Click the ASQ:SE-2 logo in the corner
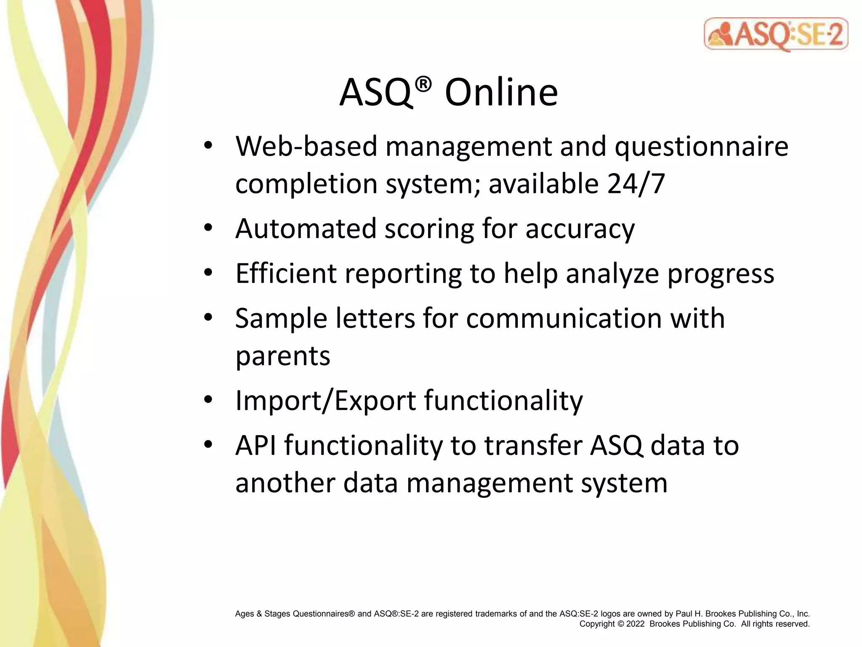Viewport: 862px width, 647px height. (775, 35)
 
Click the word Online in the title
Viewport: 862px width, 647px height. (501, 93)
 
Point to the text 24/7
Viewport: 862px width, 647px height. (636, 184)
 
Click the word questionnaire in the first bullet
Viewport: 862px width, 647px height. (701, 147)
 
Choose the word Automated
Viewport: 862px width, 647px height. (306, 229)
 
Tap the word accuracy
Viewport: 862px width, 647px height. (580, 229)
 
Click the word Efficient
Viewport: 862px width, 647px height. (286, 273)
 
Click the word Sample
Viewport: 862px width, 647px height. (281, 318)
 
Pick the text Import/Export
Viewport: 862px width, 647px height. (325, 400)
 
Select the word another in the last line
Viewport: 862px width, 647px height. (285, 483)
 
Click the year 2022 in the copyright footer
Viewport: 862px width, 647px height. (635, 624)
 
